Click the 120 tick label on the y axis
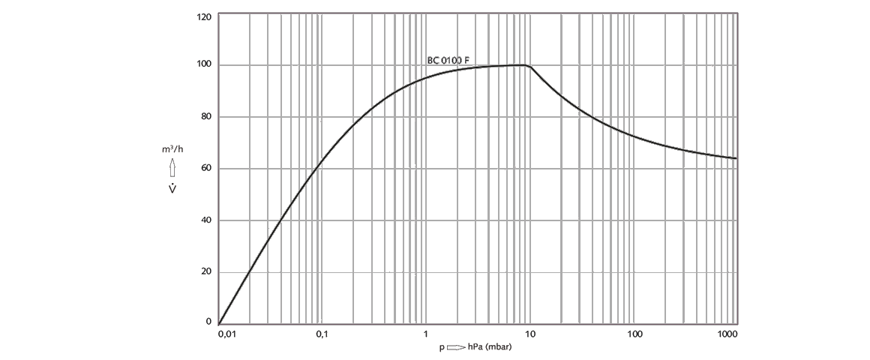point(204,16)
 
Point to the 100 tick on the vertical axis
point(204,65)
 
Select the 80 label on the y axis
point(205,117)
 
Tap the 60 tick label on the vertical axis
point(205,169)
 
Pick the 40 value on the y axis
point(205,220)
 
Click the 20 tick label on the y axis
point(205,271)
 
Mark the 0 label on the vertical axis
point(208,322)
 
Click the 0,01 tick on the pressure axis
point(226,334)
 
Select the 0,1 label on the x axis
point(322,334)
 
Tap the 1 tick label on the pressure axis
point(425,334)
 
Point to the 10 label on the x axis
point(529,334)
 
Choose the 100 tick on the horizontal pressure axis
point(634,334)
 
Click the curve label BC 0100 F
point(448,60)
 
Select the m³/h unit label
point(172,149)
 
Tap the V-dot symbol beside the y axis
point(172,187)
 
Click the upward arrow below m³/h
point(172,166)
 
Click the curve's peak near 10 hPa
point(524,65)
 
